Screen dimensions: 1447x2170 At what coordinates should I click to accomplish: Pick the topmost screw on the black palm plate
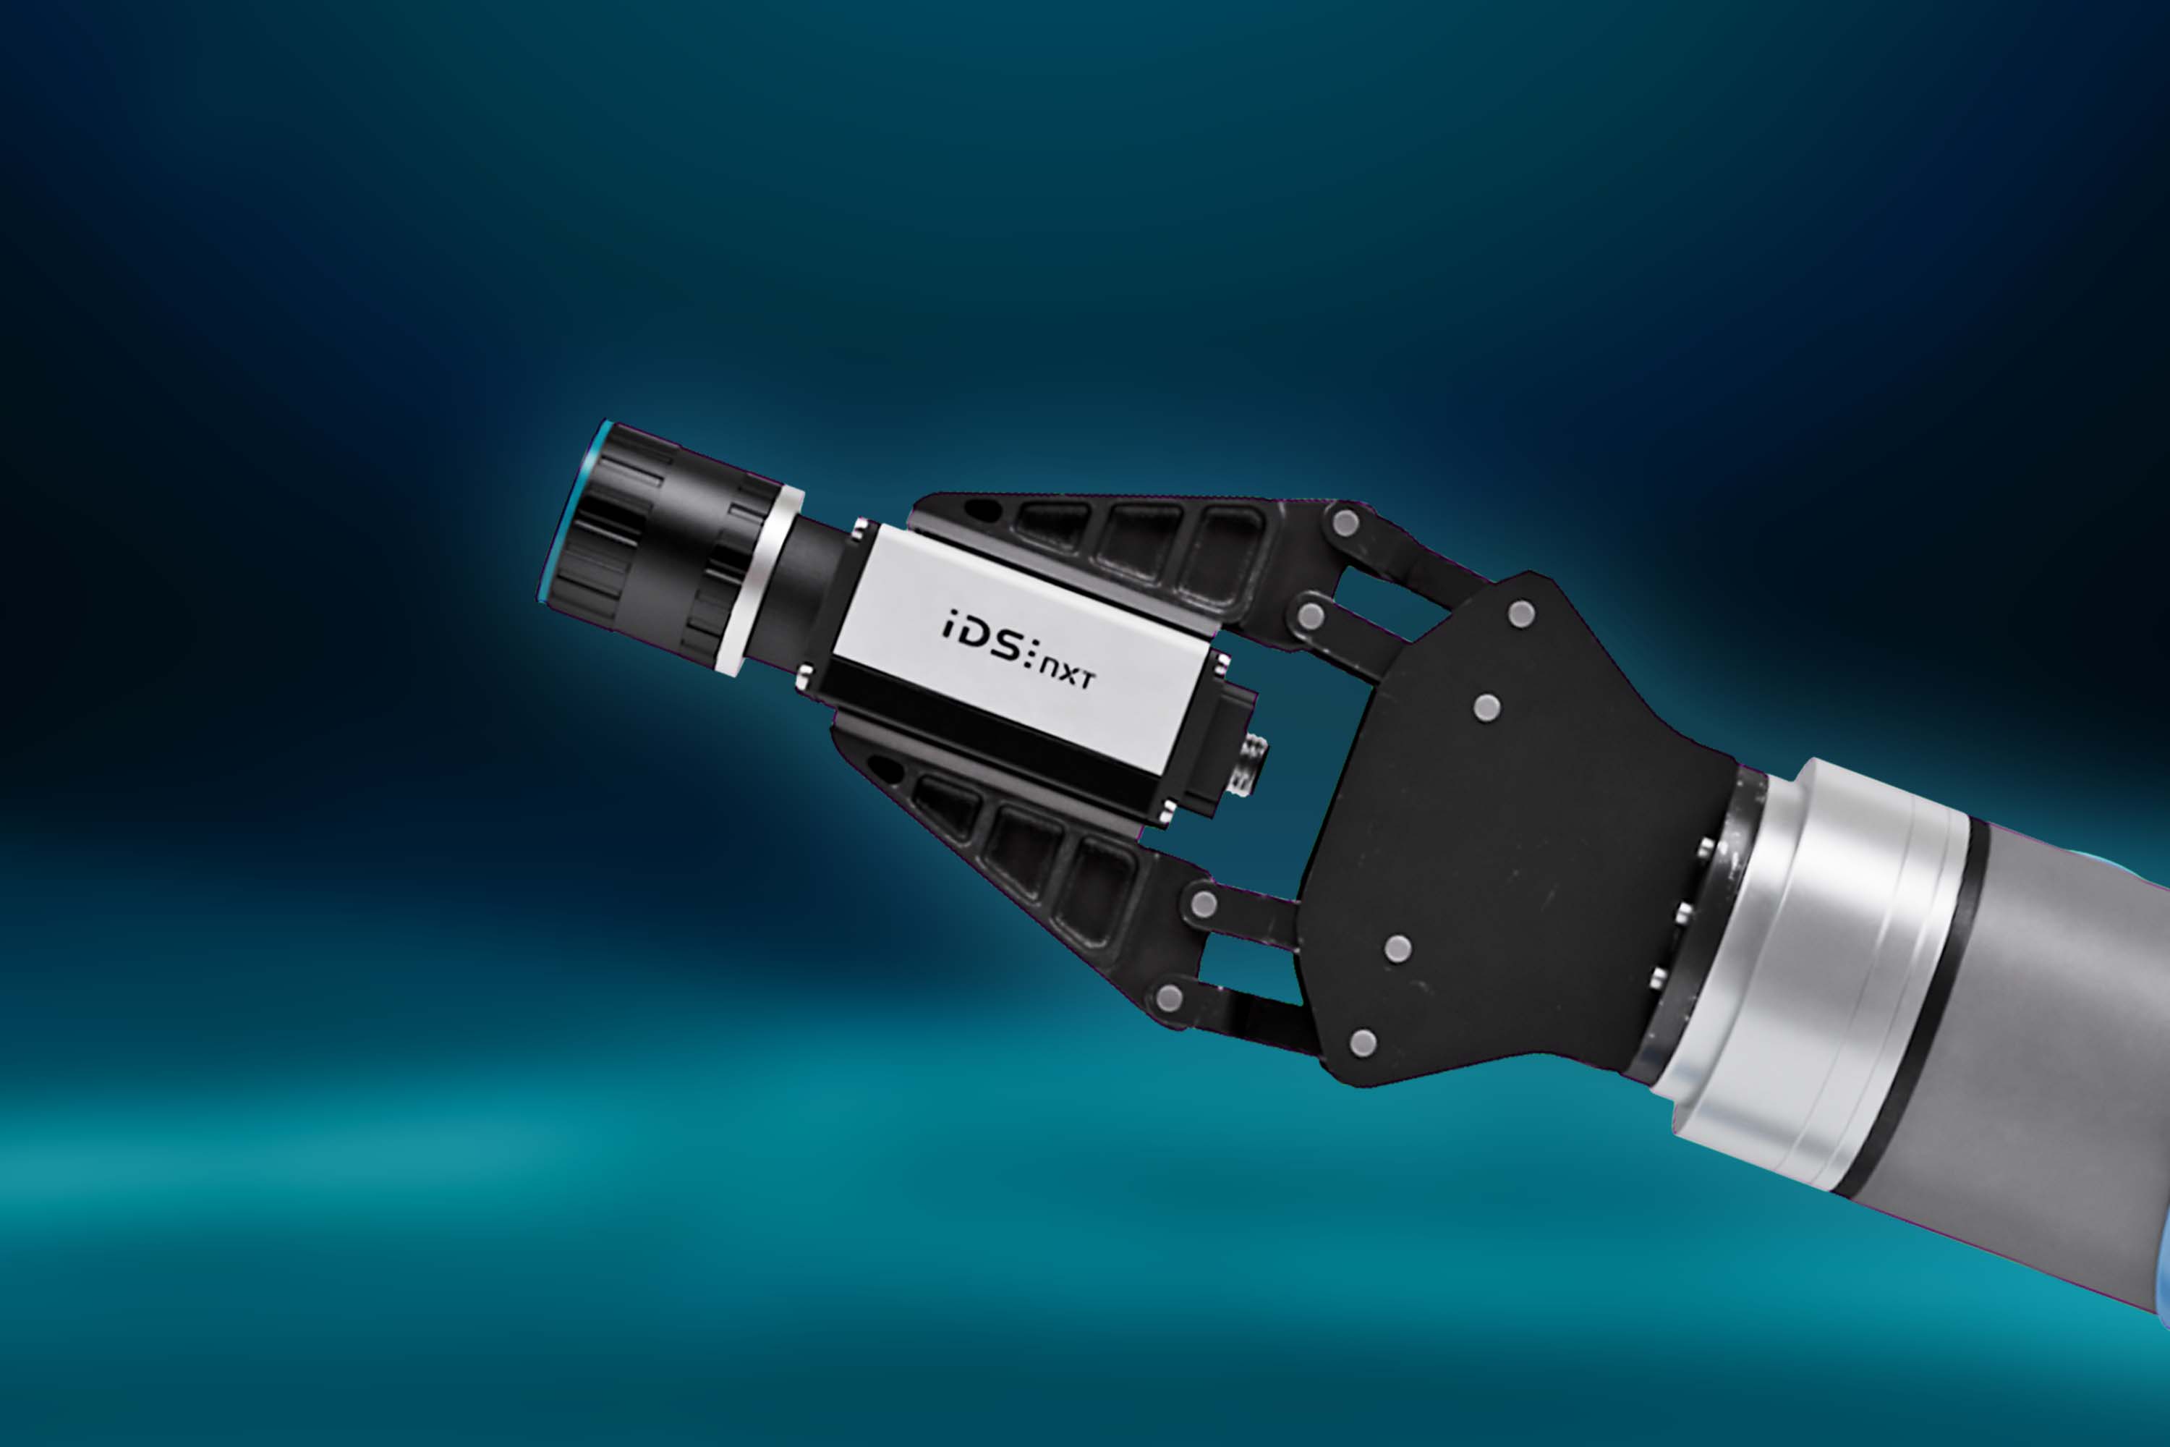pyautogui.click(x=1520, y=613)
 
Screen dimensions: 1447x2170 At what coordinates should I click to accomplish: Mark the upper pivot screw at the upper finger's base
pyautogui.click(x=1345, y=523)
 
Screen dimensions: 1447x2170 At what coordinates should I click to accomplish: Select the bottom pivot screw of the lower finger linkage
pyautogui.click(x=1170, y=997)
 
